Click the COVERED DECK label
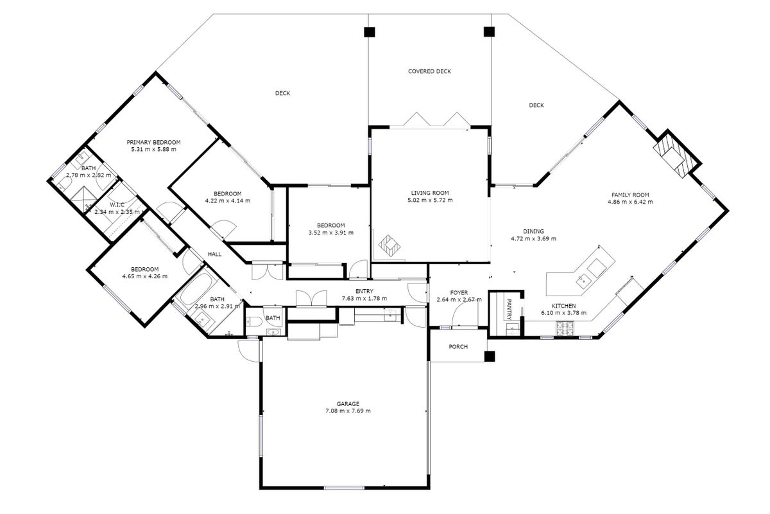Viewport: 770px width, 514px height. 429,71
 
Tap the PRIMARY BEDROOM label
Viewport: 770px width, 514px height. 153,142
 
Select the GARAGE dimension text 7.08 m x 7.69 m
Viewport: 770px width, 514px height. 348,411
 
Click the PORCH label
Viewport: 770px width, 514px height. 458,347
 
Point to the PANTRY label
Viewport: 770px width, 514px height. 509,309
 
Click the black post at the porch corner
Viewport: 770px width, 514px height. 490,357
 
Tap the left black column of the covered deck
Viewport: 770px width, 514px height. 370,32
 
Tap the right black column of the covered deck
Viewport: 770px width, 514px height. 489,31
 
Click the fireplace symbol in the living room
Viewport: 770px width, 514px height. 389,246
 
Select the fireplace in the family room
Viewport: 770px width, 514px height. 673,155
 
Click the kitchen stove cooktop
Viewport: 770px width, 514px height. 565,328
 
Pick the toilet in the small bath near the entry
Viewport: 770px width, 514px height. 254,321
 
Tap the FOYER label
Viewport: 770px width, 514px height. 459,292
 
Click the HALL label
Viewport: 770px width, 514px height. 214,254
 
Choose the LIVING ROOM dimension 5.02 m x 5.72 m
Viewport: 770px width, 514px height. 430,200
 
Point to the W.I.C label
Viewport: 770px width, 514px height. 117,205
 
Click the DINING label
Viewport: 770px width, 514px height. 533,231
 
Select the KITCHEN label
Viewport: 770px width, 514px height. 564,306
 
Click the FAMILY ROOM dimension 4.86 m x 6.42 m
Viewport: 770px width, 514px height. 630,202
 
